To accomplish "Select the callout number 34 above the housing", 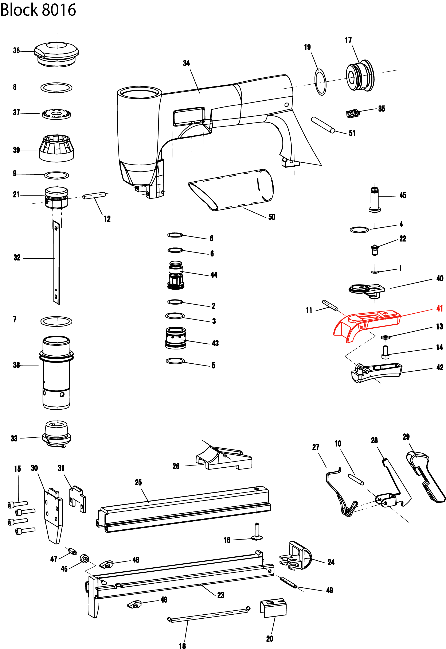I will (186, 63).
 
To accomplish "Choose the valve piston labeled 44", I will (176, 275).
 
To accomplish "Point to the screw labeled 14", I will (385, 352).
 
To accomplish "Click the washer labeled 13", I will (385, 337).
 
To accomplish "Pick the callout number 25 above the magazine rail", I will (138, 482).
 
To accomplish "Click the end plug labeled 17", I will (360, 75).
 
